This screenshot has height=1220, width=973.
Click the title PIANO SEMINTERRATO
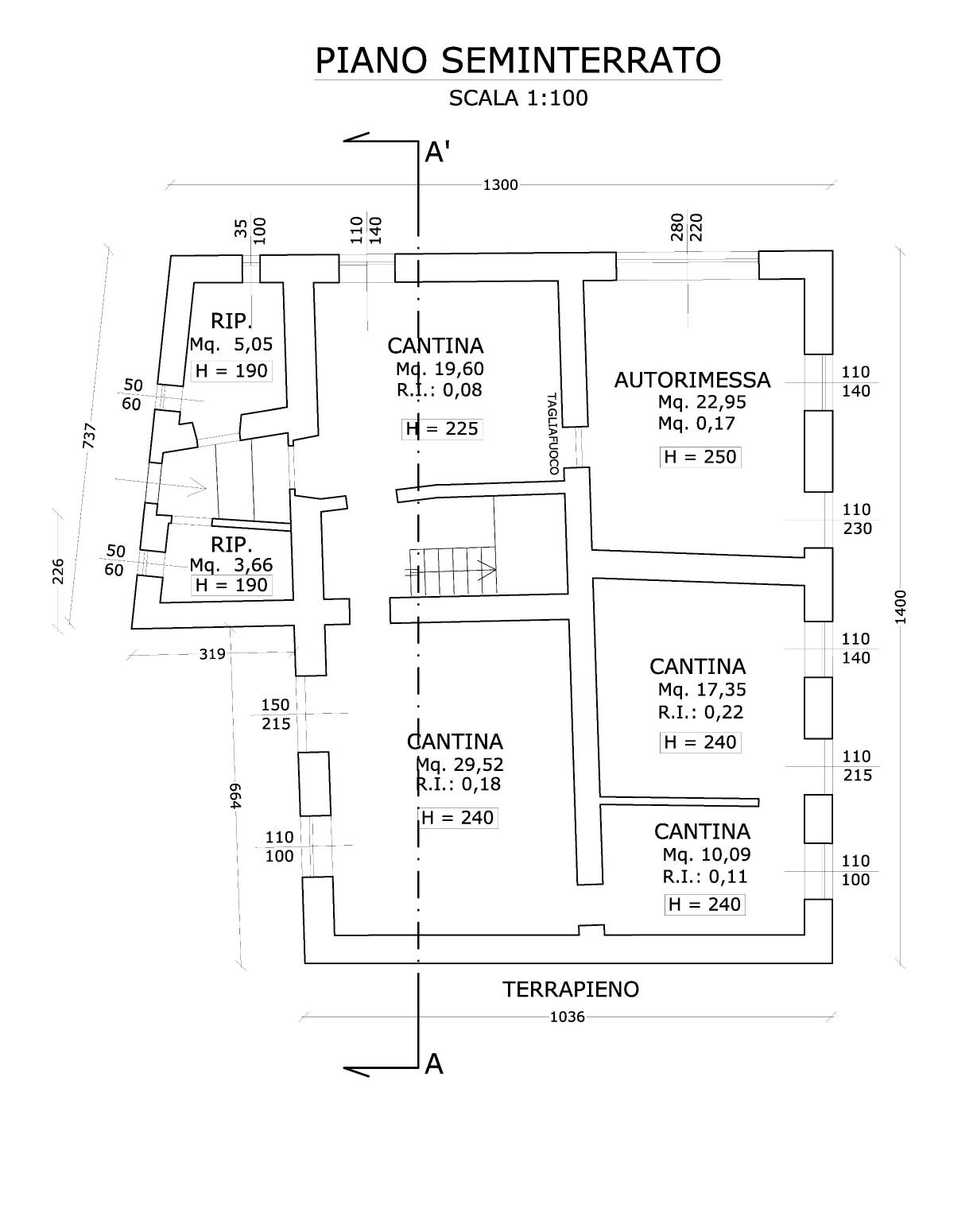(x=518, y=60)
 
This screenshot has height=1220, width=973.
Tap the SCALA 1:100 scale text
(x=518, y=99)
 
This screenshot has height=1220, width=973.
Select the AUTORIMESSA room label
(x=692, y=380)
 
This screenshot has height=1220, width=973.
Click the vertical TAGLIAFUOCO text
(x=552, y=433)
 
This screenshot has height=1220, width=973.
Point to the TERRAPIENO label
(x=570, y=990)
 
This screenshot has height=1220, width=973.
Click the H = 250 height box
(x=700, y=457)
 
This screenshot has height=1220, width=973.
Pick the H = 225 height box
(x=442, y=429)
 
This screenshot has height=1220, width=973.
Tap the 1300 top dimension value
(x=500, y=185)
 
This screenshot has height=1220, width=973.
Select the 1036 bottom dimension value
(x=567, y=1017)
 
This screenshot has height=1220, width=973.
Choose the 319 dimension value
(x=212, y=654)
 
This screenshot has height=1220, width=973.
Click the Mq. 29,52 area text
(x=459, y=765)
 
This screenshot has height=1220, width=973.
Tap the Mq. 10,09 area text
(x=707, y=854)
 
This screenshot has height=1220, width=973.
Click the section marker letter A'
(x=438, y=152)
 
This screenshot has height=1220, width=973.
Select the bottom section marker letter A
(x=433, y=1063)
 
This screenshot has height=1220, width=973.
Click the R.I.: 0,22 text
(x=689, y=712)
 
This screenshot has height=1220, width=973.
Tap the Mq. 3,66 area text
(x=231, y=565)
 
